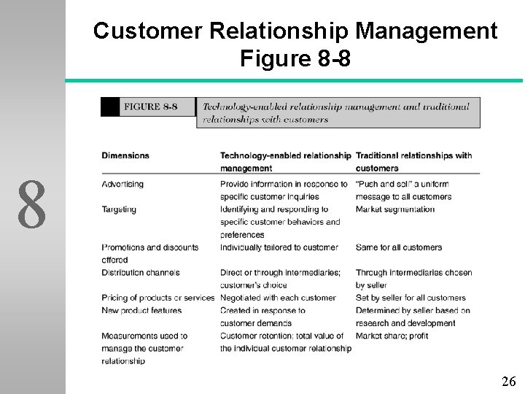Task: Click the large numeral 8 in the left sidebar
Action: click(x=32, y=204)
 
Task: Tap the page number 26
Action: click(x=509, y=381)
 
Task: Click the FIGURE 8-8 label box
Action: click(x=150, y=107)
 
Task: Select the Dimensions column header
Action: click(x=125, y=155)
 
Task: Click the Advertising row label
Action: click(x=122, y=184)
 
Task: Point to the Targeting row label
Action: click(x=119, y=209)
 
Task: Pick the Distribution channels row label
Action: click(x=141, y=273)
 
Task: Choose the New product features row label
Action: click(x=141, y=311)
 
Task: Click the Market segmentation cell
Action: click(x=394, y=209)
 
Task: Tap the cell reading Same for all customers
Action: click(x=398, y=247)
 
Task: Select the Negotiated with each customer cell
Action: click(x=278, y=298)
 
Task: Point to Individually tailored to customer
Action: click(x=279, y=247)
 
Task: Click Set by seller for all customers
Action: click(x=410, y=298)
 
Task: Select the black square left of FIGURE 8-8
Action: click(x=110, y=107)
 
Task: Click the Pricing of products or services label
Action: click(x=158, y=298)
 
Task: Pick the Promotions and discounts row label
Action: click(x=149, y=247)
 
